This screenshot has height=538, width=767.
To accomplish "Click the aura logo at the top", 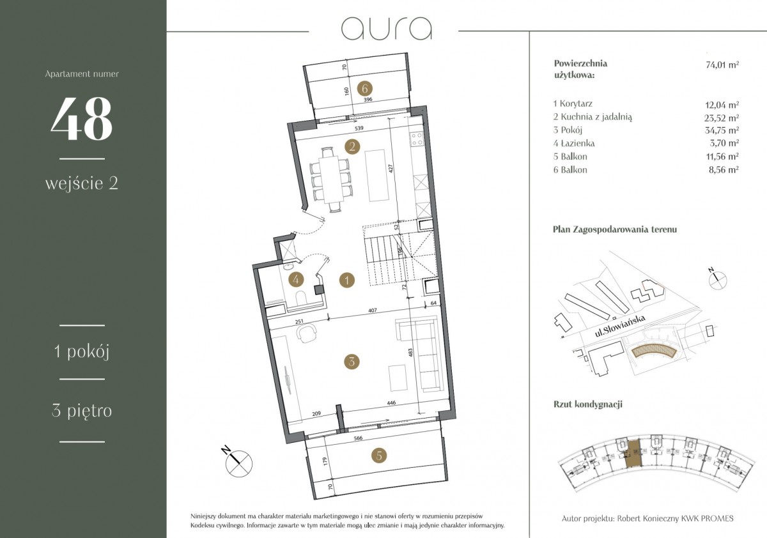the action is coord(387,28).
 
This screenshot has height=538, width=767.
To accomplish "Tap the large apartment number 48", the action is coord(82,118).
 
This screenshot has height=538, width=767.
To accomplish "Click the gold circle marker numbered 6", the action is coord(365,89).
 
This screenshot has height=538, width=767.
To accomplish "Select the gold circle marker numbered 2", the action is coord(352,147).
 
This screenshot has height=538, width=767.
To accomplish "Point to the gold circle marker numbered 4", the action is coord(296,280).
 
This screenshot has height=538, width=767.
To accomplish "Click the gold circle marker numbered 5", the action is coord(379,456).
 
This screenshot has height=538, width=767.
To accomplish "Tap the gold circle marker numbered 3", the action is coord(352,362).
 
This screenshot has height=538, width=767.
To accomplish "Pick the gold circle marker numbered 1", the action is coord(347,281).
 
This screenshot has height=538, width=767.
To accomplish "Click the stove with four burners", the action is coord(417,139).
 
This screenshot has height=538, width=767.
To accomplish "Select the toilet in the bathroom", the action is coord(302,298).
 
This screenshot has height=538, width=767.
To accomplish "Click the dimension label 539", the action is coord(359,128).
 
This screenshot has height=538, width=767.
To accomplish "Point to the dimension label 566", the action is coord(358,438).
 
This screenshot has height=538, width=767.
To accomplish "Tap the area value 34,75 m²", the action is coord(722,130).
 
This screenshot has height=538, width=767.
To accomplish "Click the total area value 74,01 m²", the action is coord(722,65).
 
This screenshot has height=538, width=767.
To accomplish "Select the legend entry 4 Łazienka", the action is coord(574,143).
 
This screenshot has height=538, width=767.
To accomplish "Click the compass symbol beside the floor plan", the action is coord(238,463).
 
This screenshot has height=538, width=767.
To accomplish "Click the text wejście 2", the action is coord(82,183).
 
